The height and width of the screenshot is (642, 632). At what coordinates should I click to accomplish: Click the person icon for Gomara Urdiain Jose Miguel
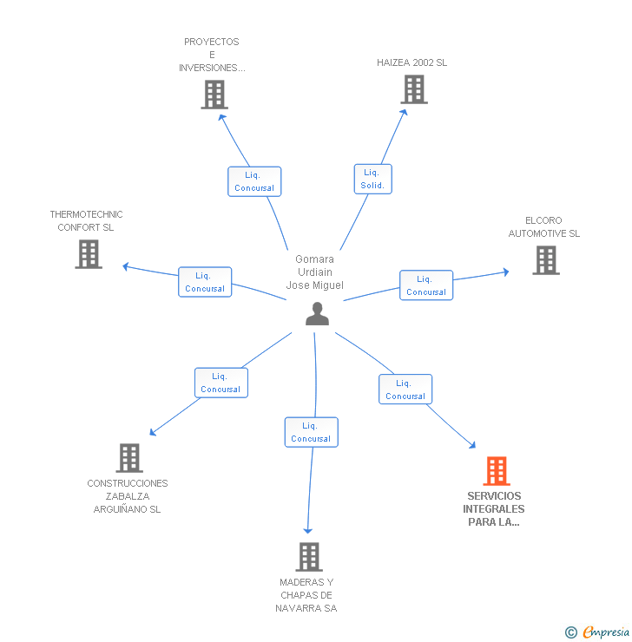click(318, 314)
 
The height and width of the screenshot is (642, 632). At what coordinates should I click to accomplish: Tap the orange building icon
click(497, 471)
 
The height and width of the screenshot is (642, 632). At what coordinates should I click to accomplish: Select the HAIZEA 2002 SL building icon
click(414, 89)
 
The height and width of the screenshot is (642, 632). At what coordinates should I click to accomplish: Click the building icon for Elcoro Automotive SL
click(545, 260)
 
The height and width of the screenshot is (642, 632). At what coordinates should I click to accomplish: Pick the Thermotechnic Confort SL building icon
click(89, 254)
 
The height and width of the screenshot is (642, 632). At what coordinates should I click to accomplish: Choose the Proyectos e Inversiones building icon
click(214, 95)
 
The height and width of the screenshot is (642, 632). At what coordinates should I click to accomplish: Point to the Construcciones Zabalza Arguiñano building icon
click(128, 458)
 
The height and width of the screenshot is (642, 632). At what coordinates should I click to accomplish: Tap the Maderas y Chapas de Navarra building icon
click(309, 557)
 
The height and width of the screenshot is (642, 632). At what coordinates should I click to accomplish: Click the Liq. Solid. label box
click(372, 179)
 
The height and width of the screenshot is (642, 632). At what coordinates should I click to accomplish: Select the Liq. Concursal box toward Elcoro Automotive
click(426, 285)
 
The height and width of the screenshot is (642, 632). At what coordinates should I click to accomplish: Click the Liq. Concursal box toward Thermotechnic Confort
click(205, 282)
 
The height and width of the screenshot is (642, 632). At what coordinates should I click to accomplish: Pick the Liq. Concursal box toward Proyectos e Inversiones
click(254, 181)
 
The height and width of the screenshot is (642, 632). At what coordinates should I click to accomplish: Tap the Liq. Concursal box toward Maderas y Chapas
click(311, 432)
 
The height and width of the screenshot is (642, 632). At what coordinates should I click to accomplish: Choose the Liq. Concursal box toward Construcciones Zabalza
click(221, 383)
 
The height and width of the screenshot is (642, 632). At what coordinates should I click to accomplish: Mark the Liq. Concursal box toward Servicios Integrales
click(405, 390)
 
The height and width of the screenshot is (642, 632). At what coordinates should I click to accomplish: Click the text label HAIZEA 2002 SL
click(412, 62)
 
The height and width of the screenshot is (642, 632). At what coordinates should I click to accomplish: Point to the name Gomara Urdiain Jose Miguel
click(314, 272)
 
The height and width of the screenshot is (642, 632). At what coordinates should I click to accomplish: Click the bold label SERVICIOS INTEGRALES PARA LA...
click(494, 509)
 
